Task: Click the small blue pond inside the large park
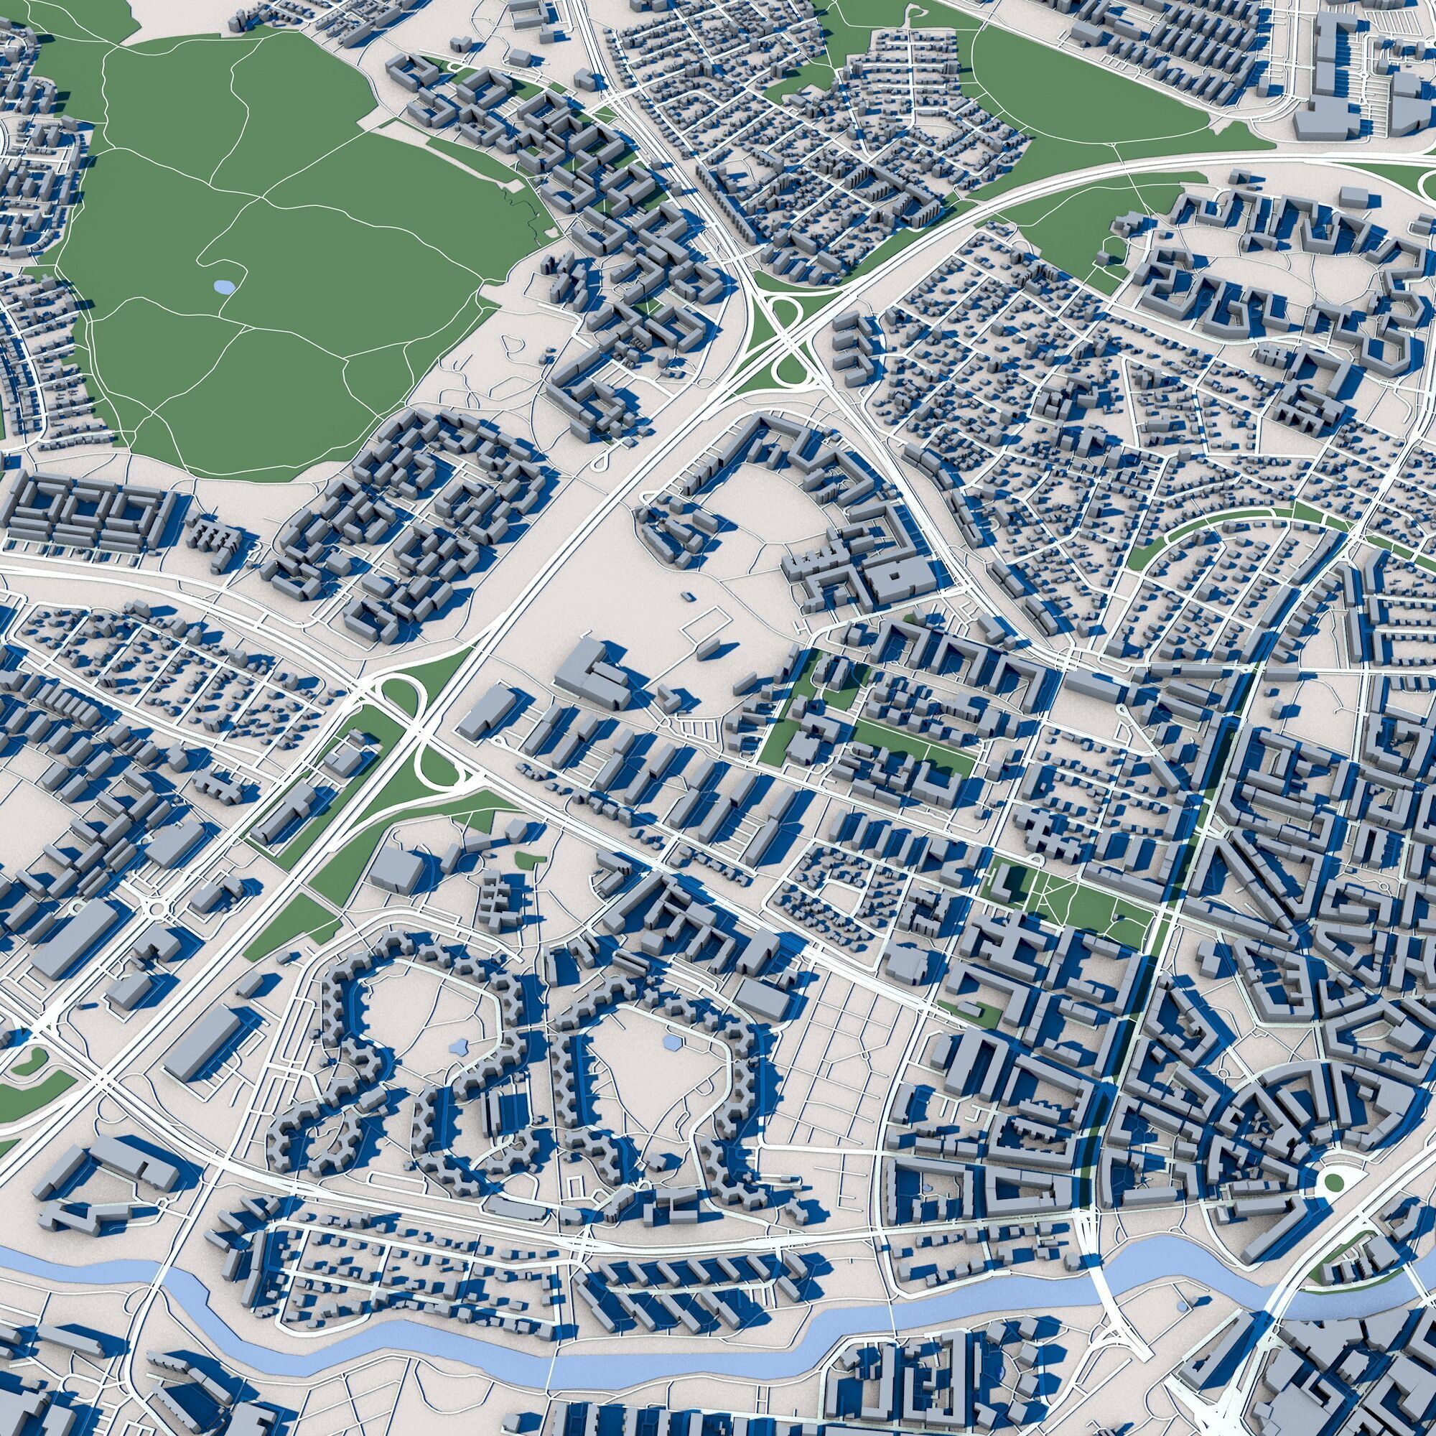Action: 223,286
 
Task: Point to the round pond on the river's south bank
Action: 1182,1305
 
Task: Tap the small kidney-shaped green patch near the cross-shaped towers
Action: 526,859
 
